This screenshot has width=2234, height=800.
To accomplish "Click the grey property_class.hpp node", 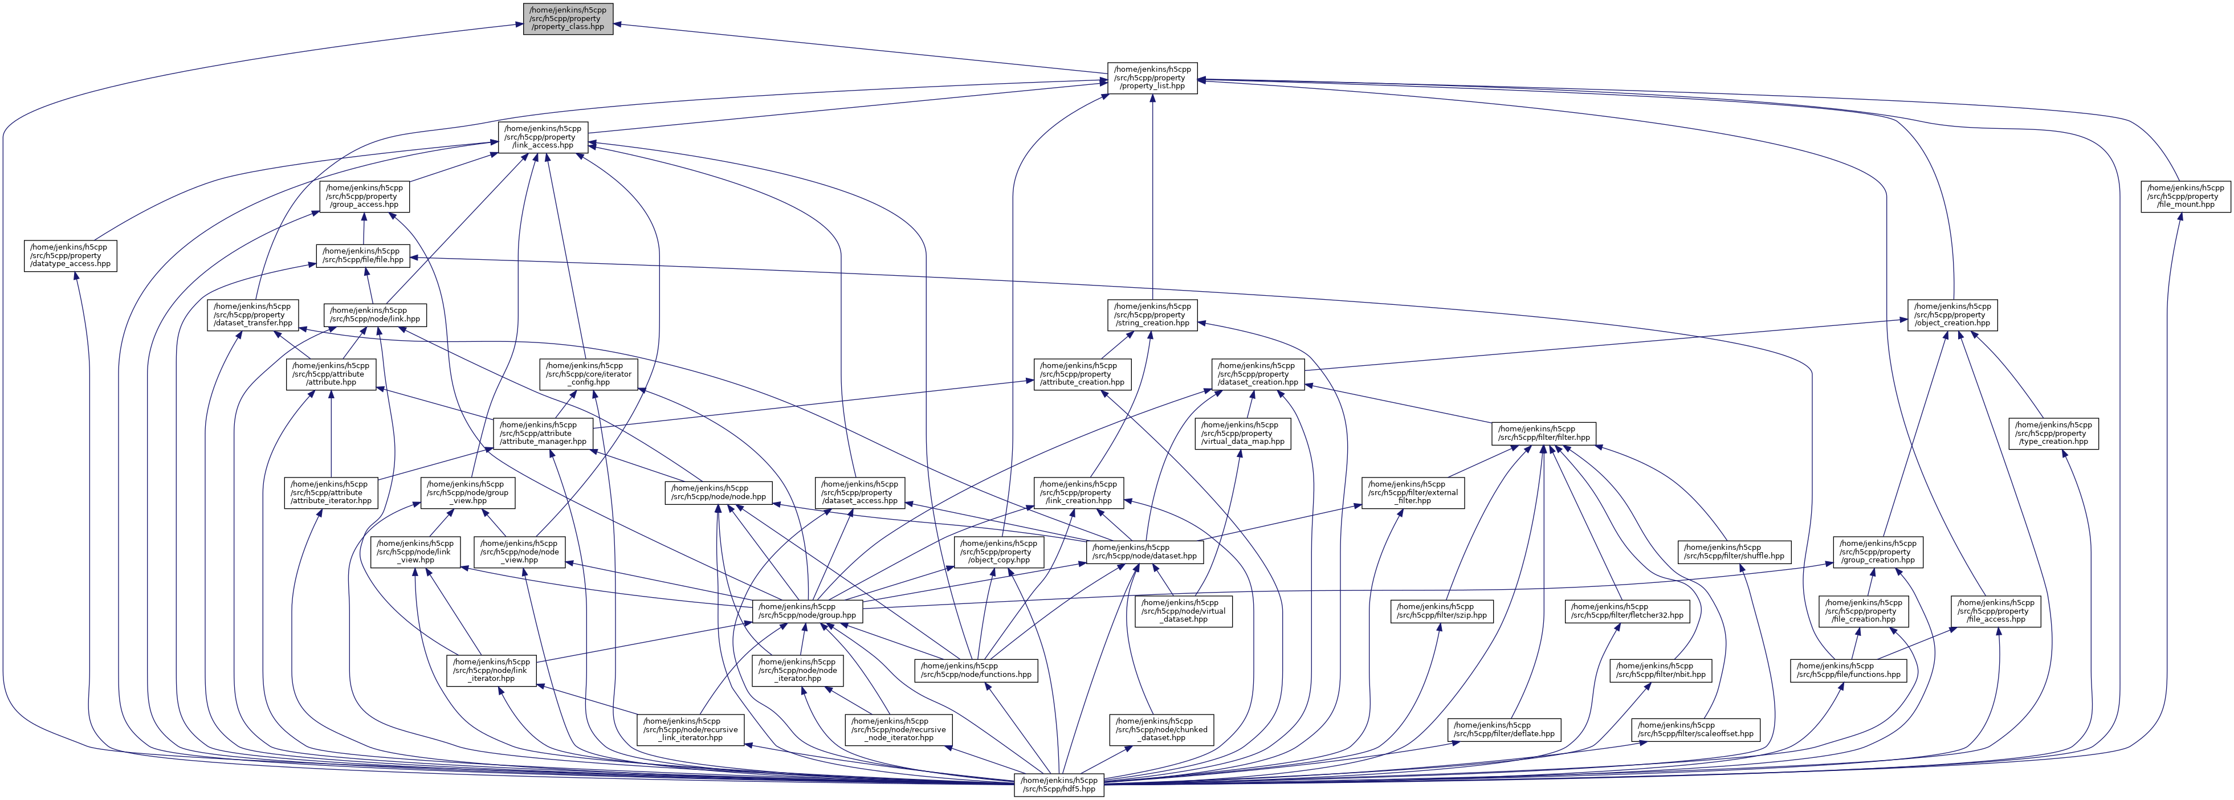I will tap(568, 18).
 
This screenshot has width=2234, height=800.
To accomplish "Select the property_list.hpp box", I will tap(1152, 78).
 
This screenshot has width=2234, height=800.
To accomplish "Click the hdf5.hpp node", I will tap(1059, 785).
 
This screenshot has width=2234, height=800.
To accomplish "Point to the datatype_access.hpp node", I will tap(70, 256).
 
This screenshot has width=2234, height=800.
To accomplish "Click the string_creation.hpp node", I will tap(1152, 315).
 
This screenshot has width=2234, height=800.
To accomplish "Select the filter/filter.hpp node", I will tap(1544, 434).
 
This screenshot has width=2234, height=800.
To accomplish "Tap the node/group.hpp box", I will tap(808, 611).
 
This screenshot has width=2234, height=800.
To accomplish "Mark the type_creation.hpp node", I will tap(2053, 434).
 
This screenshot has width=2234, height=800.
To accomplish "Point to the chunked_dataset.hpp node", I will tap(1162, 730).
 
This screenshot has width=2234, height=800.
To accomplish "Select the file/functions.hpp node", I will tap(1848, 670).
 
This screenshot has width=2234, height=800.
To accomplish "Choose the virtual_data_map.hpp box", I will tap(1241, 434).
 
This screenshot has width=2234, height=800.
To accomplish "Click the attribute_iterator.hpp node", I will tap(331, 492).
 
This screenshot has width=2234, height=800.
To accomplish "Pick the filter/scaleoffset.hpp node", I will tap(1695, 730).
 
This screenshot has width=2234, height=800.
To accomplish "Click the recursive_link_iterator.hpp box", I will tap(690, 730).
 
